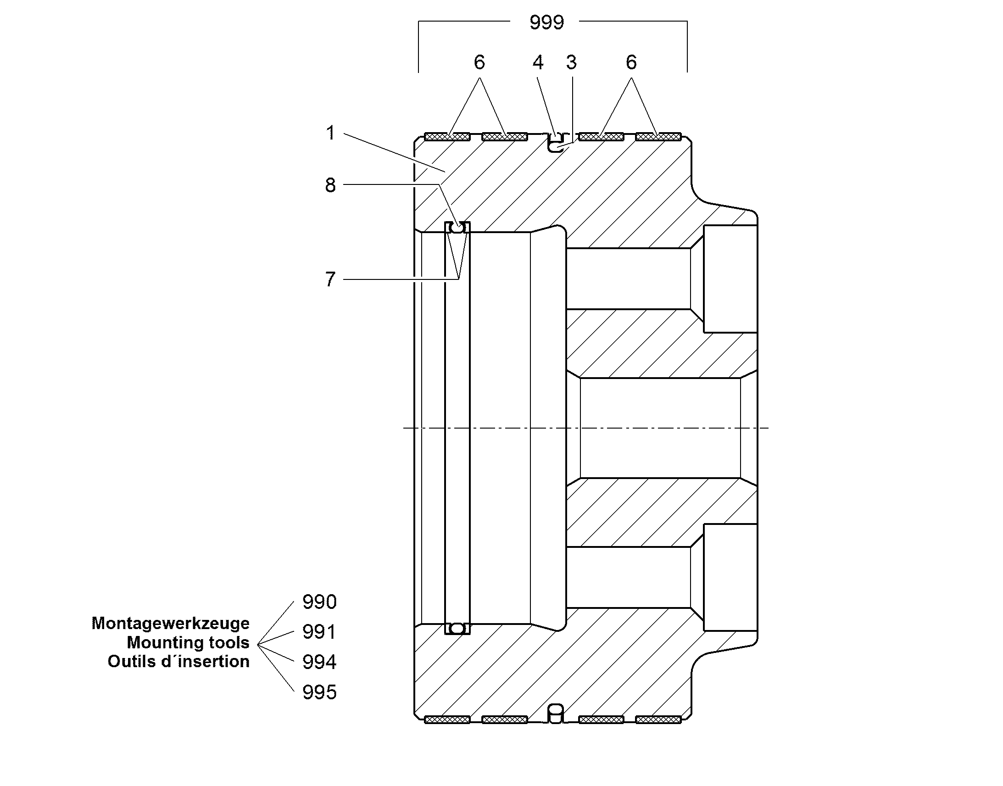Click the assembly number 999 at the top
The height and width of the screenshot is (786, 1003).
pos(546,22)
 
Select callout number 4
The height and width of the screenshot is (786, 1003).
pos(538,62)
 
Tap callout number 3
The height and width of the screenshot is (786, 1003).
pos(571,62)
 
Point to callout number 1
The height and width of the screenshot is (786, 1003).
pos(330,133)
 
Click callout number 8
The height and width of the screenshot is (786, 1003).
pos(330,185)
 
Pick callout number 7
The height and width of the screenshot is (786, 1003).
pos(330,279)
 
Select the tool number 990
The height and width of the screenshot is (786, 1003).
pos(319,602)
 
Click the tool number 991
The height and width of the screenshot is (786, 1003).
pos(319,632)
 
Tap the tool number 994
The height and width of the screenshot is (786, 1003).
pos(319,662)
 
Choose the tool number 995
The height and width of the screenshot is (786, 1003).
pos(319,692)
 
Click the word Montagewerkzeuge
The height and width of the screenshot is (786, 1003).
pos(171,624)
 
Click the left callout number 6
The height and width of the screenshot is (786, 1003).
pos(479,62)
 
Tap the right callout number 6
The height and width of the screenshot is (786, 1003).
pos(631,62)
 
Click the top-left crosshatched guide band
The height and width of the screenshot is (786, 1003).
pos(447,137)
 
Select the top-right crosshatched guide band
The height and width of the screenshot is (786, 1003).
pos(658,137)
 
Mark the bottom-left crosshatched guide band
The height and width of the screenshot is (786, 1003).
pos(447,719)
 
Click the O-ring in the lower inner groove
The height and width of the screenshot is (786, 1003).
pos(457,628)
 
